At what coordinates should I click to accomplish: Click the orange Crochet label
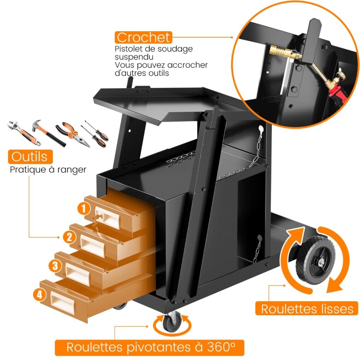click(144, 38)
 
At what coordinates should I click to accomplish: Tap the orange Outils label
click(30, 157)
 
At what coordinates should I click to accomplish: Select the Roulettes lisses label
click(307, 309)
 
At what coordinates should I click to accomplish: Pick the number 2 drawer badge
click(69, 237)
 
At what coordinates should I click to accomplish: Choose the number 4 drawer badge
click(39, 294)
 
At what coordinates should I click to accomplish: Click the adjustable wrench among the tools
click(24, 133)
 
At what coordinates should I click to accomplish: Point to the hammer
click(49, 133)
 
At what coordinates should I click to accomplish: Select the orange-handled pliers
click(73, 134)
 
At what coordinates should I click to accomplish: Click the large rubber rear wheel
click(315, 260)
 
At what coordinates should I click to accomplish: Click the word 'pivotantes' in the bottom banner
click(158, 347)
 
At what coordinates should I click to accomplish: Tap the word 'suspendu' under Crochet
click(134, 57)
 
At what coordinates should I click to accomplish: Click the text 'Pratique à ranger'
click(48, 170)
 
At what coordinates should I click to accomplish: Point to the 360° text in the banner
click(221, 347)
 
